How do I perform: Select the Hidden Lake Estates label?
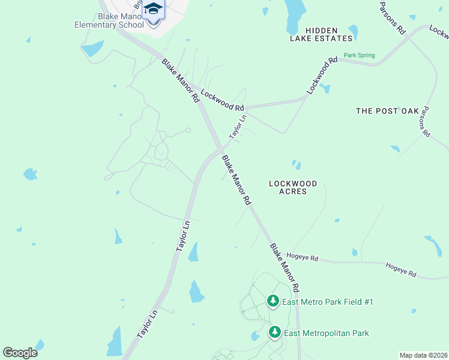pyautogui.click(x=321, y=34)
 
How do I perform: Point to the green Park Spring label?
pyautogui.click(x=359, y=55)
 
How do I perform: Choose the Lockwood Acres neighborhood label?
pyautogui.click(x=288, y=187)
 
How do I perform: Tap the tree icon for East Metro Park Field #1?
pyautogui.click(x=273, y=301)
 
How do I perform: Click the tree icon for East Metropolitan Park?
pyautogui.click(x=275, y=332)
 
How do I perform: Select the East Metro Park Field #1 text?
pyautogui.click(x=328, y=302)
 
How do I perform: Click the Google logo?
pyautogui.click(x=20, y=352)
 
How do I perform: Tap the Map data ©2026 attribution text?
pyautogui.click(x=423, y=355)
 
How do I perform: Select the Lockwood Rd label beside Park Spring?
pyautogui.click(x=323, y=75)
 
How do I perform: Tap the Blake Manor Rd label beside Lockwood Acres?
pyautogui.click(x=236, y=181)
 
